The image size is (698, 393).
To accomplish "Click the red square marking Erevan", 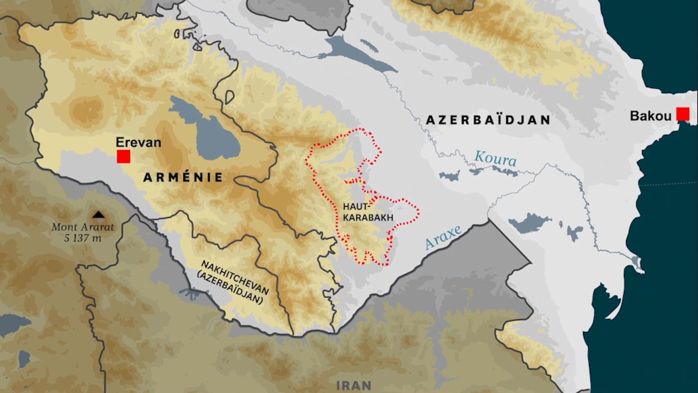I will (x=123, y=156).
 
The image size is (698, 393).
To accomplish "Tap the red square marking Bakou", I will (x=683, y=114).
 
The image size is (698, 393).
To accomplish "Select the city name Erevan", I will (x=139, y=142).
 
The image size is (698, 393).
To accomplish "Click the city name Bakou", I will (x=651, y=116).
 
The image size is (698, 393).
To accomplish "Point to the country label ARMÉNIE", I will (x=183, y=177).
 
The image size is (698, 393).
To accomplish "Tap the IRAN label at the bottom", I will (x=354, y=385).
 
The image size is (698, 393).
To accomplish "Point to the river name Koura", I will (x=495, y=159).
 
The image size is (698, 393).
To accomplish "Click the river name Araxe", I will (x=443, y=237).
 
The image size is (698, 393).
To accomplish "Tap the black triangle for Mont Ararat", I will (x=99, y=215).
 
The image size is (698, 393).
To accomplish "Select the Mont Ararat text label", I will (x=83, y=227).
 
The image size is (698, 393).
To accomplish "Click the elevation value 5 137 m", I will (x=83, y=237).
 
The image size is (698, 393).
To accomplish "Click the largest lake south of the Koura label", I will (x=529, y=223).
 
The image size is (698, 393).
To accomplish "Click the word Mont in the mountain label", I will (x=64, y=227).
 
